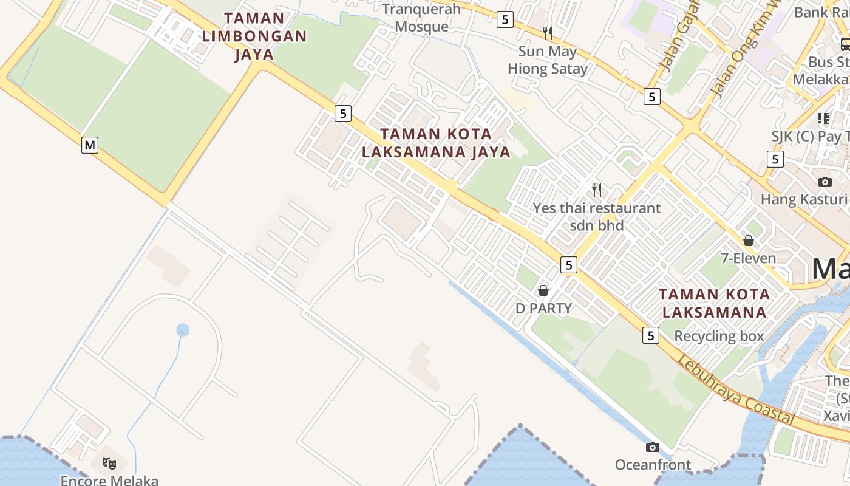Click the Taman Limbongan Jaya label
coord(254,36)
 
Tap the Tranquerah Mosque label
coord(422,18)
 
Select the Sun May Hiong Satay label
coord(548,60)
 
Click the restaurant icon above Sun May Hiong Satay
coord(548,32)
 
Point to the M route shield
coord(90,145)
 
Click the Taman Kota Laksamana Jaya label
coord(436,143)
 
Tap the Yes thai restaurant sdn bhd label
coord(597,216)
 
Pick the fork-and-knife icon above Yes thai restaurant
coord(597,190)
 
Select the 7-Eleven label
coord(748,258)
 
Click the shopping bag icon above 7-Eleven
coord(749,241)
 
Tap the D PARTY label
coord(543,309)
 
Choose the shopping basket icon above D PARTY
coord(543,290)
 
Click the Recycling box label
coord(719,336)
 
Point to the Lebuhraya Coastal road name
coord(735,391)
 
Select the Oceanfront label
coord(653,465)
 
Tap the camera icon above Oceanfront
coord(653,448)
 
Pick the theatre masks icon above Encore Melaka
coord(109,464)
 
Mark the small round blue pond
coord(183,330)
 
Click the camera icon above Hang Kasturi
coord(825,182)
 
